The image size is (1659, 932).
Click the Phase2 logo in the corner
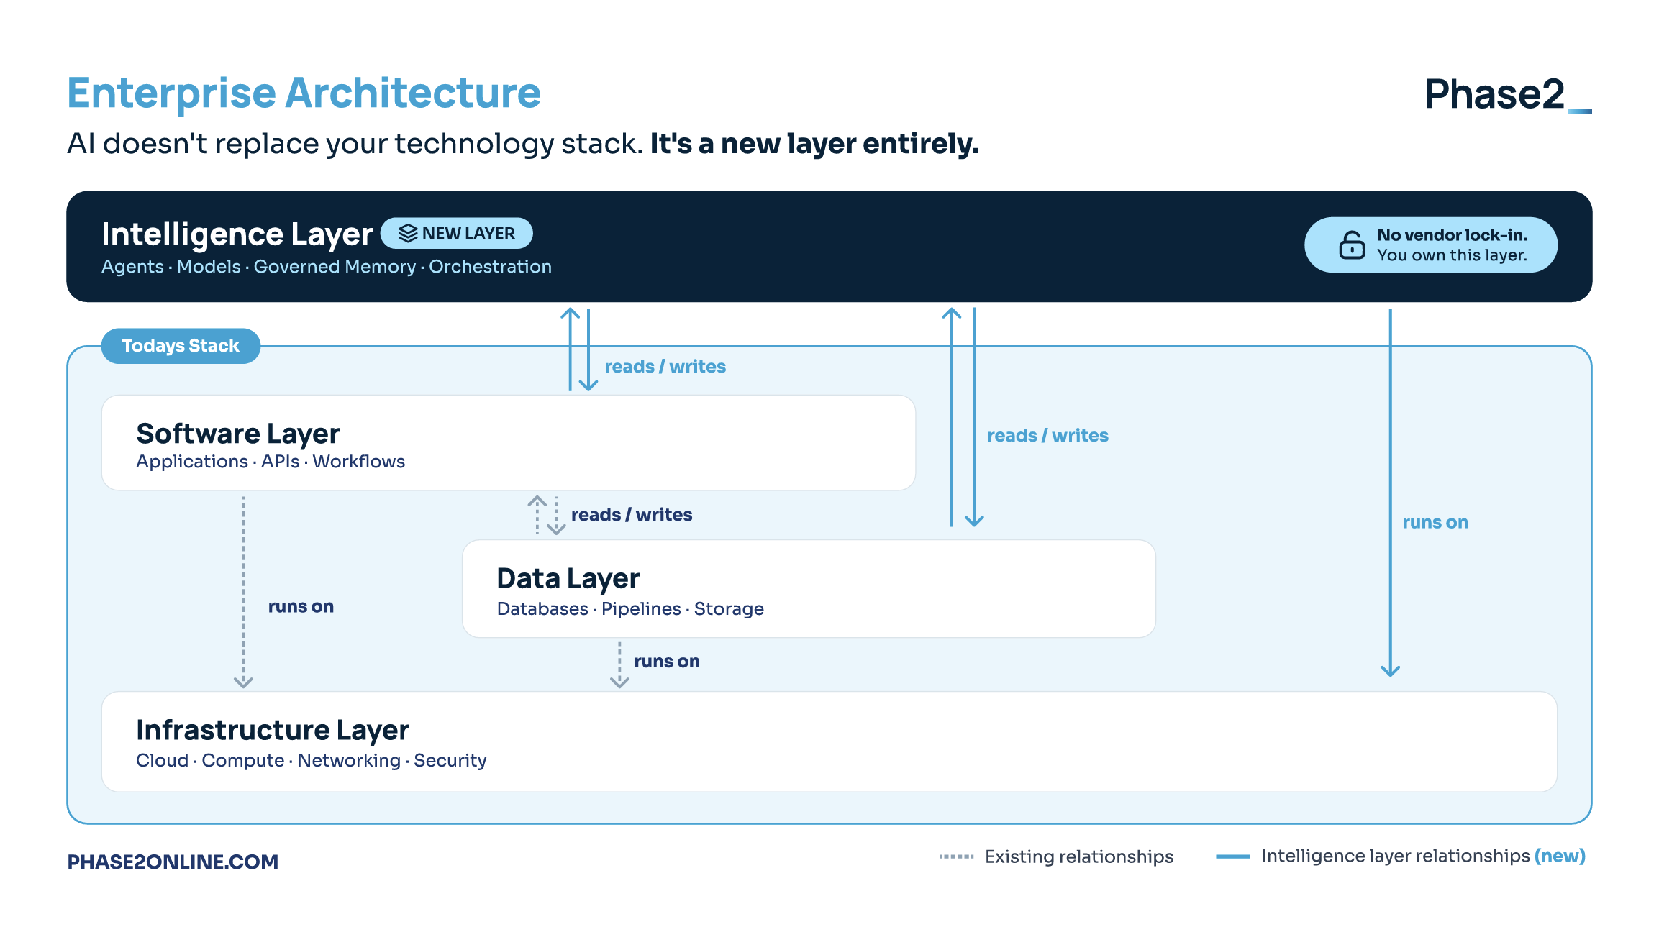(1508, 94)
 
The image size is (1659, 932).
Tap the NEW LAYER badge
(456, 233)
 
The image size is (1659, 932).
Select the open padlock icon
(1352, 245)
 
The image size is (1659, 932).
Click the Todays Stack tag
(181, 346)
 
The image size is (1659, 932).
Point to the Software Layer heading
(237, 434)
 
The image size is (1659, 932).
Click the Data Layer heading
(568, 579)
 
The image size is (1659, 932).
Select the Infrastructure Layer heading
(273, 731)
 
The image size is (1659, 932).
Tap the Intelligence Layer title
(237, 234)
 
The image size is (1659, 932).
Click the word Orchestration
(491, 267)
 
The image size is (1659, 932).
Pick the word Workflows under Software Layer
(358, 462)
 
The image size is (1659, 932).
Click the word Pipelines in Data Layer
(641, 609)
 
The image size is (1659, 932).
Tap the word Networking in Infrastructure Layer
(349, 761)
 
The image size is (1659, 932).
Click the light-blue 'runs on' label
(1435, 523)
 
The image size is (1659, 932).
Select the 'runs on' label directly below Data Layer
(667, 662)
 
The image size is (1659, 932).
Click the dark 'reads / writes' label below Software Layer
(632, 515)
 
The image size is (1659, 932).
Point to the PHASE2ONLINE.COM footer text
(173, 862)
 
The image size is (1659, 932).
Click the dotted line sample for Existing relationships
(956, 856)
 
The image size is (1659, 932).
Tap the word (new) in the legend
(1560, 856)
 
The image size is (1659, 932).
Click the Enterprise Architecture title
(304, 93)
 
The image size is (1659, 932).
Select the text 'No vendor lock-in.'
(1452, 235)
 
